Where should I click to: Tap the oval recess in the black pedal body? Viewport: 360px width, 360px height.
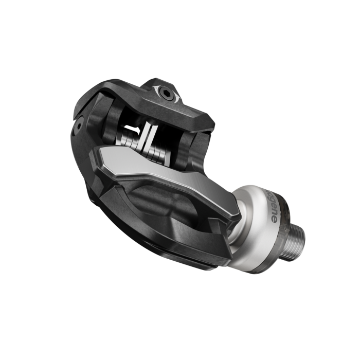(154, 206)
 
